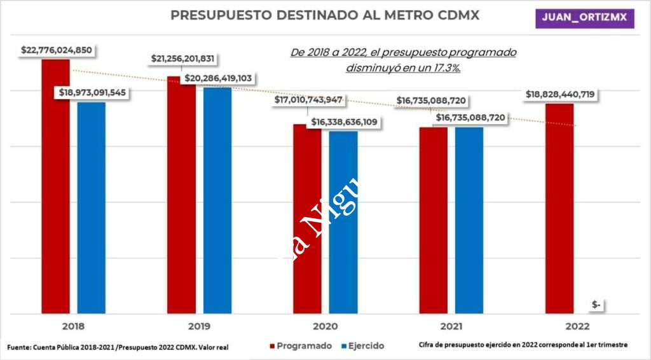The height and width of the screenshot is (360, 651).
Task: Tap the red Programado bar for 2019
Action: tap(181, 197)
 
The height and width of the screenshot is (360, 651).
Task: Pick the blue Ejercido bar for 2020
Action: tap(343, 223)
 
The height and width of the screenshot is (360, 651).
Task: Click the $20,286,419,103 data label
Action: tap(218, 78)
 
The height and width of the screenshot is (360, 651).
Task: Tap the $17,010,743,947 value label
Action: tap(309, 100)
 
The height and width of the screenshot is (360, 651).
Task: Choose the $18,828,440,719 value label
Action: tap(560, 94)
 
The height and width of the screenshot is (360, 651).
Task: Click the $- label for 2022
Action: tap(596, 305)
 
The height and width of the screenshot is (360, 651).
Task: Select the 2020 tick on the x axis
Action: tap(325, 326)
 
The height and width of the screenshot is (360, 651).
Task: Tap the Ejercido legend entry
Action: tap(362, 346)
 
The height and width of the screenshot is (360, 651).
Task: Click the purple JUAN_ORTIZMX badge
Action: tap(584, 17)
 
